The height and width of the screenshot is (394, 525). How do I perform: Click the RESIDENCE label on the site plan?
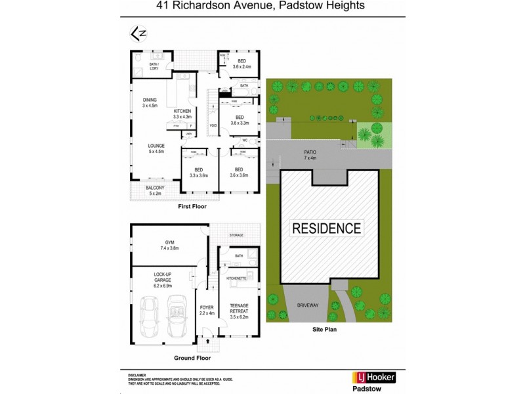pos(326,229)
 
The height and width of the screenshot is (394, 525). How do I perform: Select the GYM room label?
pos(169,246)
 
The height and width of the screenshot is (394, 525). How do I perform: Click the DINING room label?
pos(150,102)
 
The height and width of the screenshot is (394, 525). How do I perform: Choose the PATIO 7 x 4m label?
pos(310,155)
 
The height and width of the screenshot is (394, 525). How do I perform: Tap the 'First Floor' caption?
pos(192,207)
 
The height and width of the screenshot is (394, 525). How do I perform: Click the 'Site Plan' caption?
pos(324,330)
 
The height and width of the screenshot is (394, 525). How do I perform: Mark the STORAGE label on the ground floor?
pos(237,234)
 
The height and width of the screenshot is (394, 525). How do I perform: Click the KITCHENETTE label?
pos(236,278)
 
